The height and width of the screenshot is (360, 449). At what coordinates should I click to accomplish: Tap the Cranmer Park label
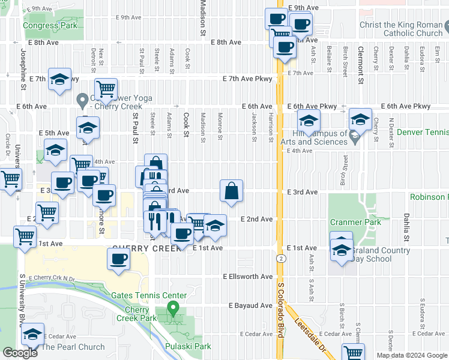(356, 222)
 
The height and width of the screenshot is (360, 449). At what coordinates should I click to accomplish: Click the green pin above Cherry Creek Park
(173, 309)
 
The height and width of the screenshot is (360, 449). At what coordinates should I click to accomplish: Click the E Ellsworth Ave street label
(248, 277)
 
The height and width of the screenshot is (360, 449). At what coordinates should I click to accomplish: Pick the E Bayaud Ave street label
(250, 305)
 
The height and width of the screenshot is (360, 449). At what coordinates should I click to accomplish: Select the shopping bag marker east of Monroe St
(231, 191)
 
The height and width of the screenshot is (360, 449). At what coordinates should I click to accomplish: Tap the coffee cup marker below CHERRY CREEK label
(118, 259)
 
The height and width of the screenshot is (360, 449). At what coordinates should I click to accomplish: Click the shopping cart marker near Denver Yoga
(106, 89)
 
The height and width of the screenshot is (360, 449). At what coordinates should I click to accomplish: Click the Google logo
(20, 353)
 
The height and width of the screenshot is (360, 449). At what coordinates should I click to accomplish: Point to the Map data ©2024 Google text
(412, 355)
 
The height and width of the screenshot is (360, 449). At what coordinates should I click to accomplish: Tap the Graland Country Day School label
(379, 254)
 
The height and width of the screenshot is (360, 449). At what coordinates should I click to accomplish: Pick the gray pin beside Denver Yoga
(83, 98)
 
